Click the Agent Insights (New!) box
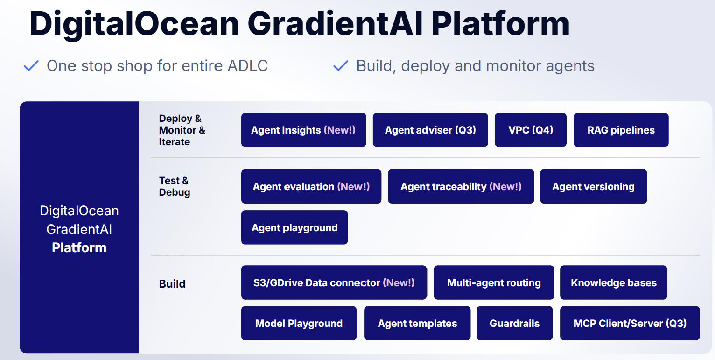click(x=303, y=130)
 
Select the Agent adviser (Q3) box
click(x=430, y=130)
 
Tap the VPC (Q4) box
click(x=531, y=130)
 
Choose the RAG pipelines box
click(x=621, y=130)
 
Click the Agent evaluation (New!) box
click(x=311, y=187)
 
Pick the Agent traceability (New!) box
click(x=461, y=187)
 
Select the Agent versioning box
click(x=593, y=187)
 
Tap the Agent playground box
click(x=294, y=227)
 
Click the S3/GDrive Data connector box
click(x=334, y=282)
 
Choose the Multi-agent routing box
click(x=494, y=282)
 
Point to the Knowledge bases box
click(x=614, y=282)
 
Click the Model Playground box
click(x=299, y=323)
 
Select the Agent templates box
click(x=417, y=323)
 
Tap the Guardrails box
click(x=514, y=323)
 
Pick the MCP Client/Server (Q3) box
click(x=630, y=323)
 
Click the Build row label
click(x=172, y=283)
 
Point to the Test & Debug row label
click(x=174, y=187)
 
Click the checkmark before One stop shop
click(x=31, y=66)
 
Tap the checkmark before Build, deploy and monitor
click(x=341, y=66)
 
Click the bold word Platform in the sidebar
click(x=79, y=247)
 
